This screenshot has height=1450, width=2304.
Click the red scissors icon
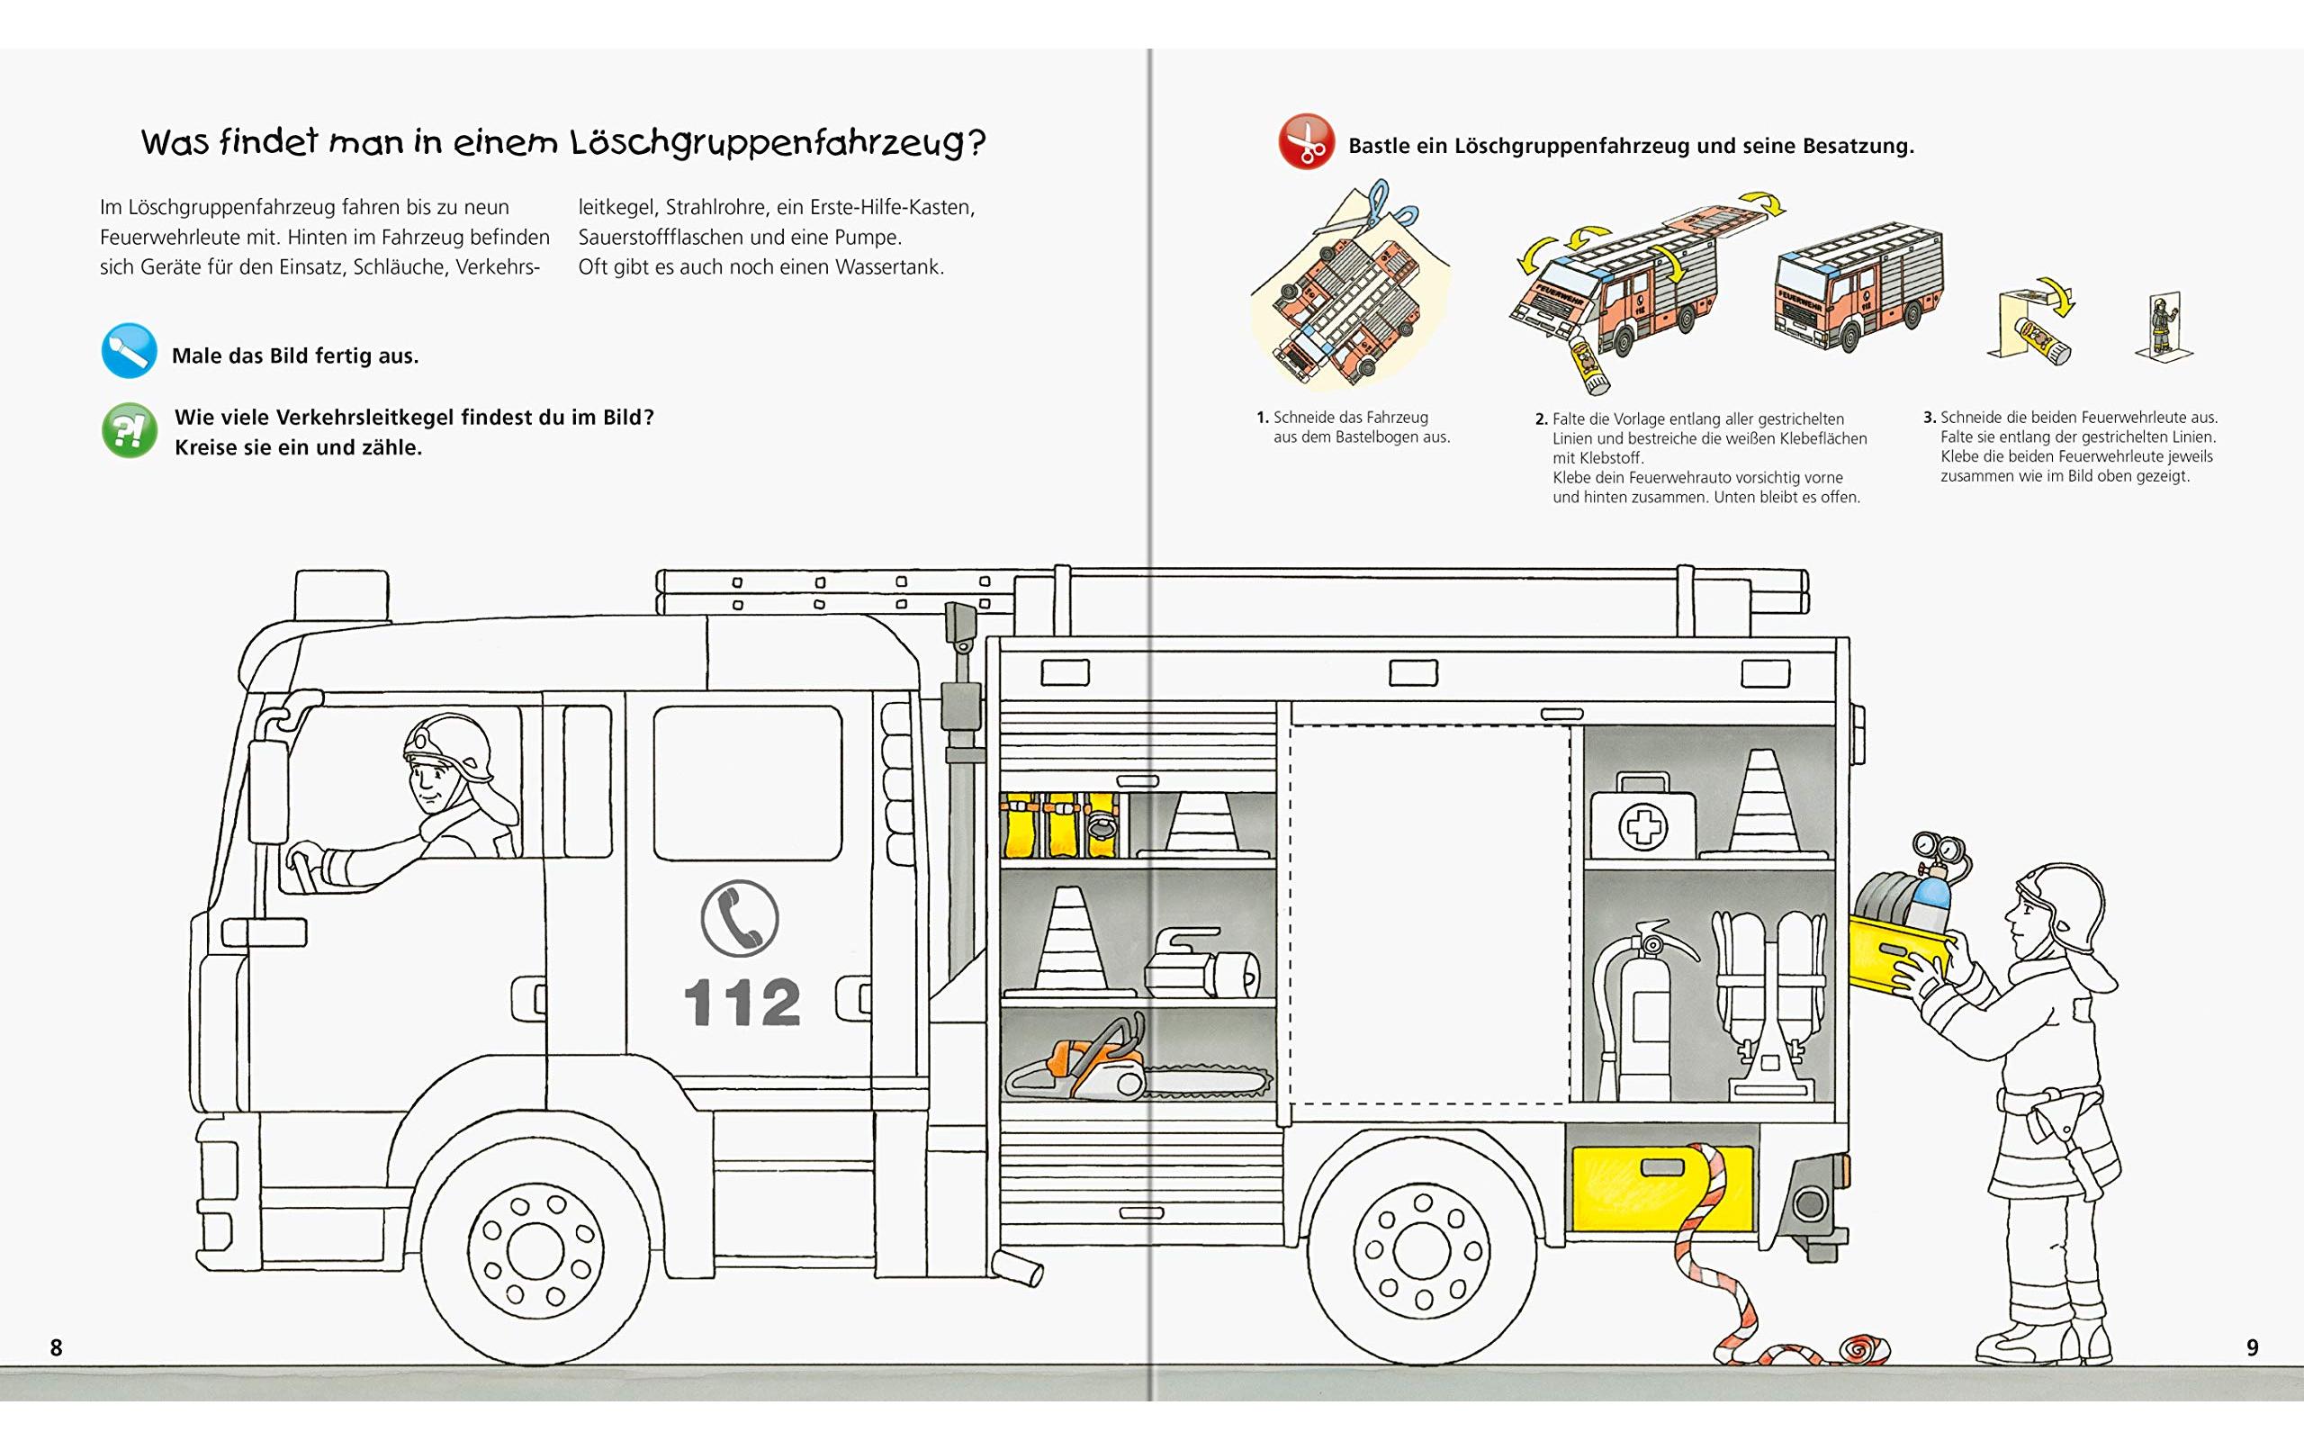[x=1305, y=141]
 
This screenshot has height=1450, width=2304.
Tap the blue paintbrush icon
[x=128, y=351]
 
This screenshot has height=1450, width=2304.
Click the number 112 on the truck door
[x=742, y=1002]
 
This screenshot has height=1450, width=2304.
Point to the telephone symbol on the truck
[x=739, y=918]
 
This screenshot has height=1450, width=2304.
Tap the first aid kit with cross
[x=1642, y=818]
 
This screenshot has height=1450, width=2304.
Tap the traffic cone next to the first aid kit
[x=1763, y=804]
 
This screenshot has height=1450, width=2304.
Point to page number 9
[x=2253, y=1347]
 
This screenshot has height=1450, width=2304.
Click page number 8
[x=57, y=1347]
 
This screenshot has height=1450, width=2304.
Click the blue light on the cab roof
[x=342, y=594]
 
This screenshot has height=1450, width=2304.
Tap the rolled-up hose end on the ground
[x=1855, y=1349]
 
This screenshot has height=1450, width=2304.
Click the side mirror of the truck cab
[x=268, y=789]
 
